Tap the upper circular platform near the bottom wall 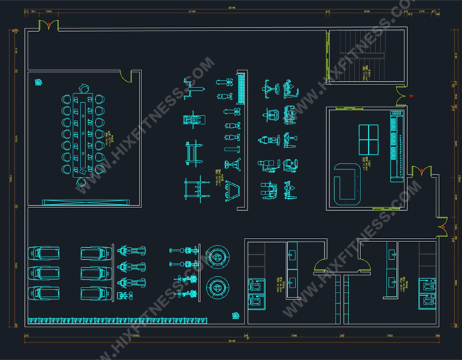218,256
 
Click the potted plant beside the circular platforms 234,315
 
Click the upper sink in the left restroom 293,252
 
